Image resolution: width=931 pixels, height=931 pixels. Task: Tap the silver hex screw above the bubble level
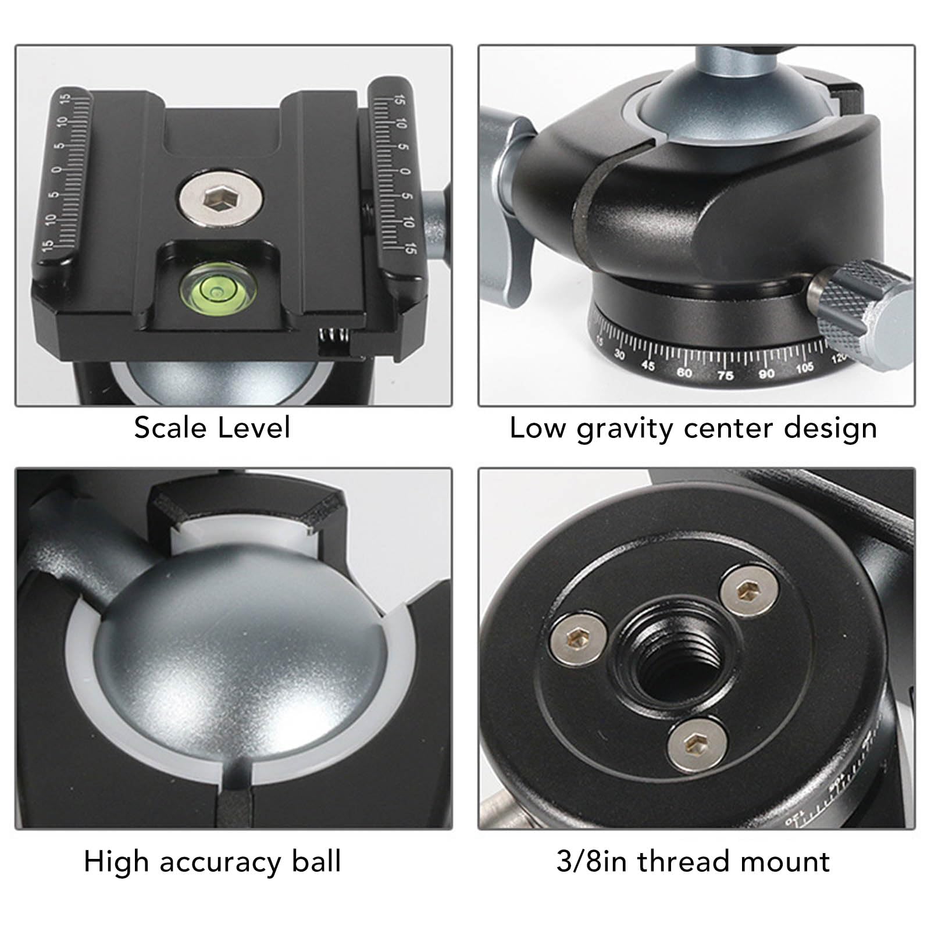click(x=220, y=201)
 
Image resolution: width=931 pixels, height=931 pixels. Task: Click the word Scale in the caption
click(x=170, y=428)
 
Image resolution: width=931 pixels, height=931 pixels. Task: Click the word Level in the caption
click(x=254, y=428)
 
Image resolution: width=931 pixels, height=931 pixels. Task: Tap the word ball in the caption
click(x=316, y=861)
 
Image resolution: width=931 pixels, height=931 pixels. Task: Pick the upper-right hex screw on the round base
click(x=749, y=591)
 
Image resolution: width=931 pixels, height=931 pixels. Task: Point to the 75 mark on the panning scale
click(x=725, y=376)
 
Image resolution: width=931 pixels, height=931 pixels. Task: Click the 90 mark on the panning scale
click(x=766, y=373)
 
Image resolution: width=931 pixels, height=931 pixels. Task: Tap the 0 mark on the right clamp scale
click(x=406, y=171)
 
